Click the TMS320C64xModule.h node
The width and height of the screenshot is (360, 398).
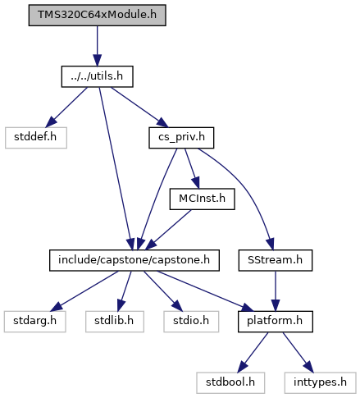tap(97, 15)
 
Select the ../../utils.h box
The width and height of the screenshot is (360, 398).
tap(97, 76)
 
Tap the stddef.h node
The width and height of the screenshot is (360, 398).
tap(36, 138)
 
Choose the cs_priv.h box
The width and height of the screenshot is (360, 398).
tap(181, 138)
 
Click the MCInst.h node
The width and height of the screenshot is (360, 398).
tap(202, 199)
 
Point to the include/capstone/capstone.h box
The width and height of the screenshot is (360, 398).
tap(134, 260)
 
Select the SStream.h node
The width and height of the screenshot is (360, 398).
tap(276, 260)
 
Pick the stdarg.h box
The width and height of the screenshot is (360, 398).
tap(35, 322)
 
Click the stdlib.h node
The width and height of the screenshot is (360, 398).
tap(115, 322)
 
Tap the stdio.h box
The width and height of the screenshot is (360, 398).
tap(191, 322)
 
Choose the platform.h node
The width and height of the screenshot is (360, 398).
tap(276, 322)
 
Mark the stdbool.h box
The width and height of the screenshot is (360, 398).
tap(230, 382)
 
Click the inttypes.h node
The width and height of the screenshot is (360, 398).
tap(320, 382)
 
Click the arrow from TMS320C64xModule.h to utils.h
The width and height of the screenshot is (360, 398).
tap(97, 46)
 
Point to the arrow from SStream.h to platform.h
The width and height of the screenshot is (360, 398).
tap(276, 291)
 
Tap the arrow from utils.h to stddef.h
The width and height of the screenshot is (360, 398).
tap(66, 108)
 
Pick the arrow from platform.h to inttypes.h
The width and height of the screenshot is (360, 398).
tap(298, 352)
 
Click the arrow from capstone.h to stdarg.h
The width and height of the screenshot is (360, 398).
tap(84, 291)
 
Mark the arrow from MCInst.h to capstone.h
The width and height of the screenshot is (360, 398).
tap(168, 230)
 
